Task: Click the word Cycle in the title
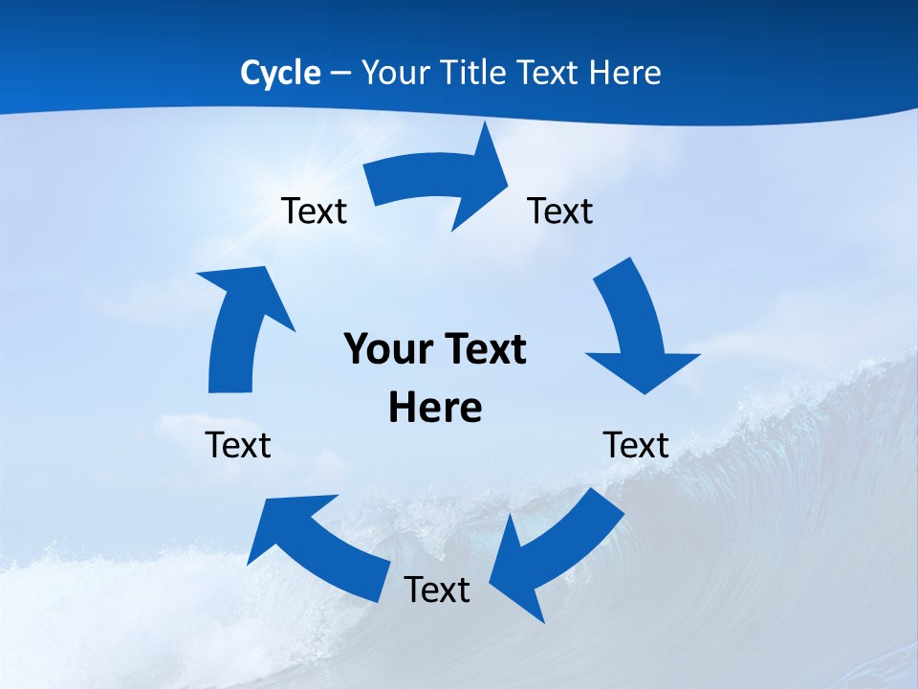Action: (280, 73)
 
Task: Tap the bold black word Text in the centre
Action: (483, 349)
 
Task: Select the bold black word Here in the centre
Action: (435, 408)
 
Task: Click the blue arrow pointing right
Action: (440, 180)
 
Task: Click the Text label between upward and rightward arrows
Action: (314, 211)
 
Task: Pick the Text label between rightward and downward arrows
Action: (560, 211)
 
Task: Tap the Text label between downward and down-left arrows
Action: (636, 445)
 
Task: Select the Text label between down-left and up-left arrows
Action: (437, 589)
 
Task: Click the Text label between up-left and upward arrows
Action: (238, 445)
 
